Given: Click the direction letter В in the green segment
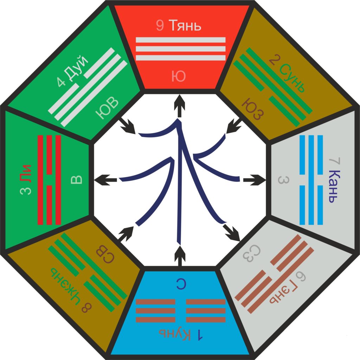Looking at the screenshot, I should [76, 180].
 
